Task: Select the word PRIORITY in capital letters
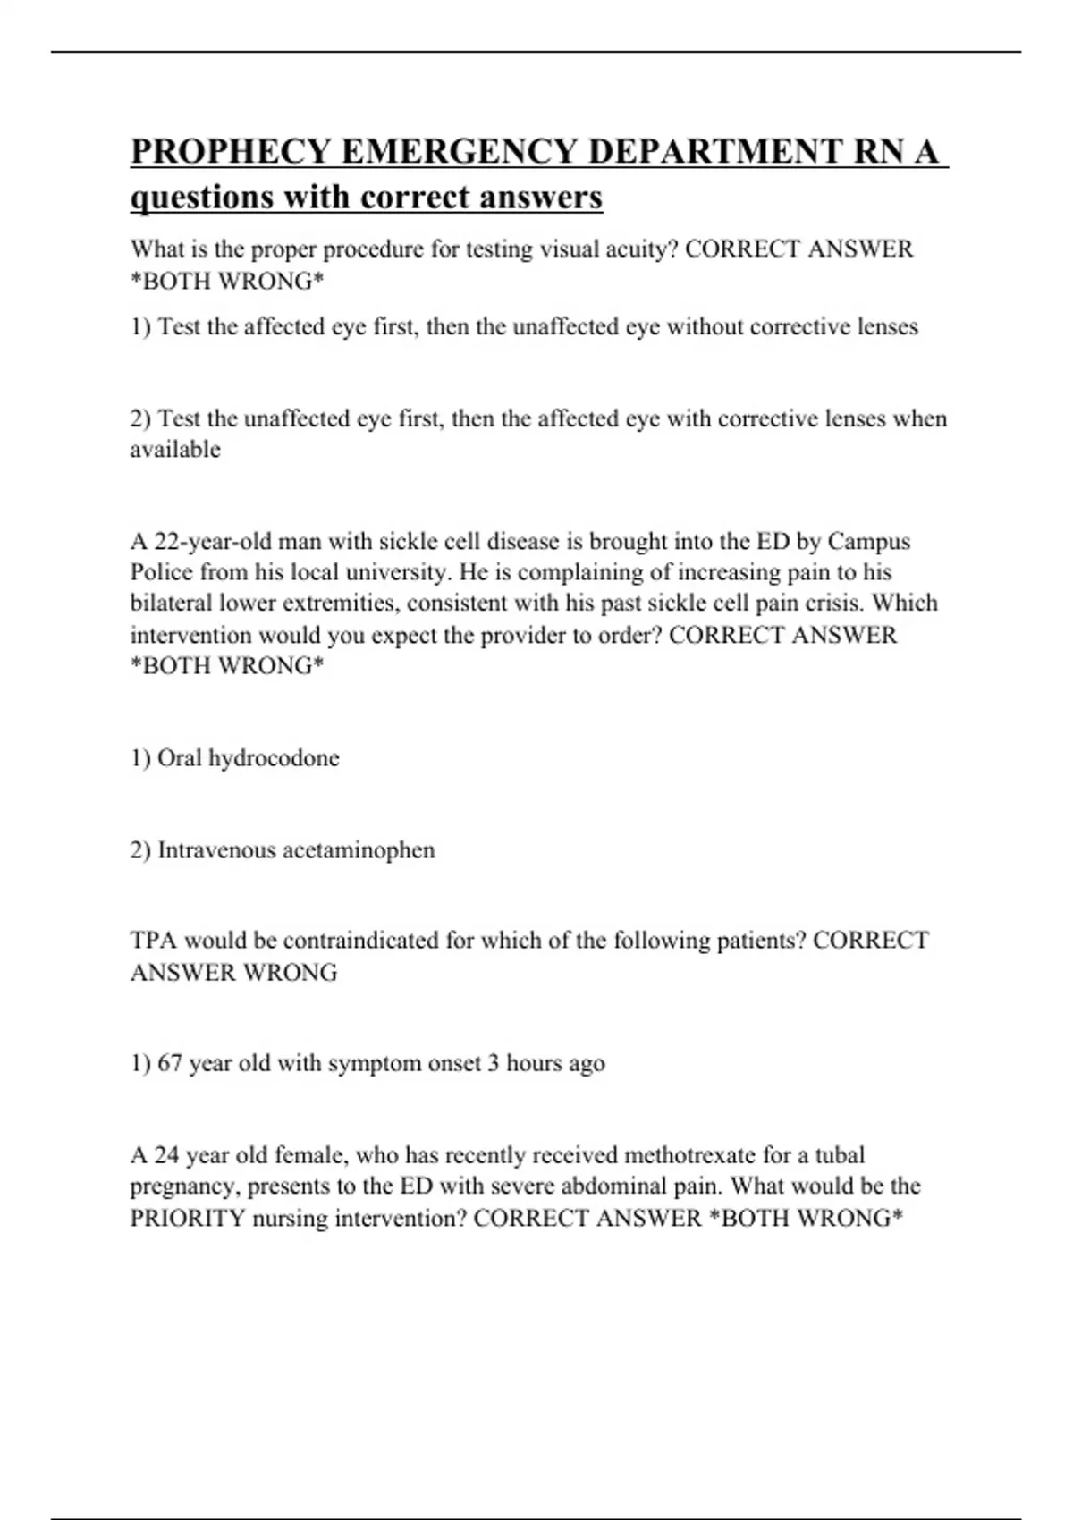188,1218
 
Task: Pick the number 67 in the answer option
170,1063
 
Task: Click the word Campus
868,542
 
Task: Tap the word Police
162,572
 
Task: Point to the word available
175,450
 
